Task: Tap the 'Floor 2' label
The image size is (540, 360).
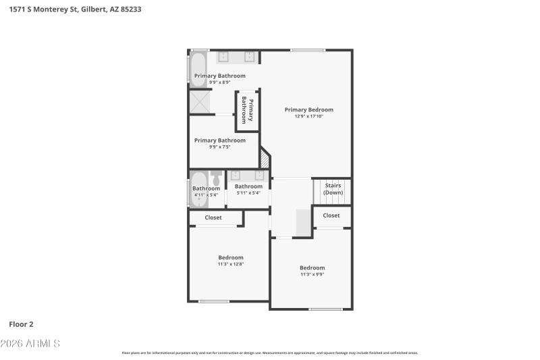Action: tap(21, 324)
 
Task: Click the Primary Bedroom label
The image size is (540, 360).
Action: tap(308, 109)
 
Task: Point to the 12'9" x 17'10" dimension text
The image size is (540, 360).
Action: tap(308, 116)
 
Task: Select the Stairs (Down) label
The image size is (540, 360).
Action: tap(333, 188)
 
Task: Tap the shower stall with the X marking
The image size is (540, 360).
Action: tap(200, 101)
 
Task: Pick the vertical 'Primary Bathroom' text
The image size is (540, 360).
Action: tap(248, 111)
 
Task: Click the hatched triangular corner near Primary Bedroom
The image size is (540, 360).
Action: tap(265, 159)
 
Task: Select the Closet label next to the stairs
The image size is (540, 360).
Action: tap(331, 215)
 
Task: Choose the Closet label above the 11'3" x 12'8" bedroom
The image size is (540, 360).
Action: tap(213, 217)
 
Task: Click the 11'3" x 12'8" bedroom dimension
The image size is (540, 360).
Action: tap(230, 264)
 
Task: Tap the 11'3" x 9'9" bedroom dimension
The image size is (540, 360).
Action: tap(312, 274)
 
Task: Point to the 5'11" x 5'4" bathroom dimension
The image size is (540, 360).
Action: tap(248, 193)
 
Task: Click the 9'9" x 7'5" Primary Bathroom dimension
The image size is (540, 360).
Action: tap(219, 147)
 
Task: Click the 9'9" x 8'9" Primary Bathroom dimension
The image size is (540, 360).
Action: tap(219, 82)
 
